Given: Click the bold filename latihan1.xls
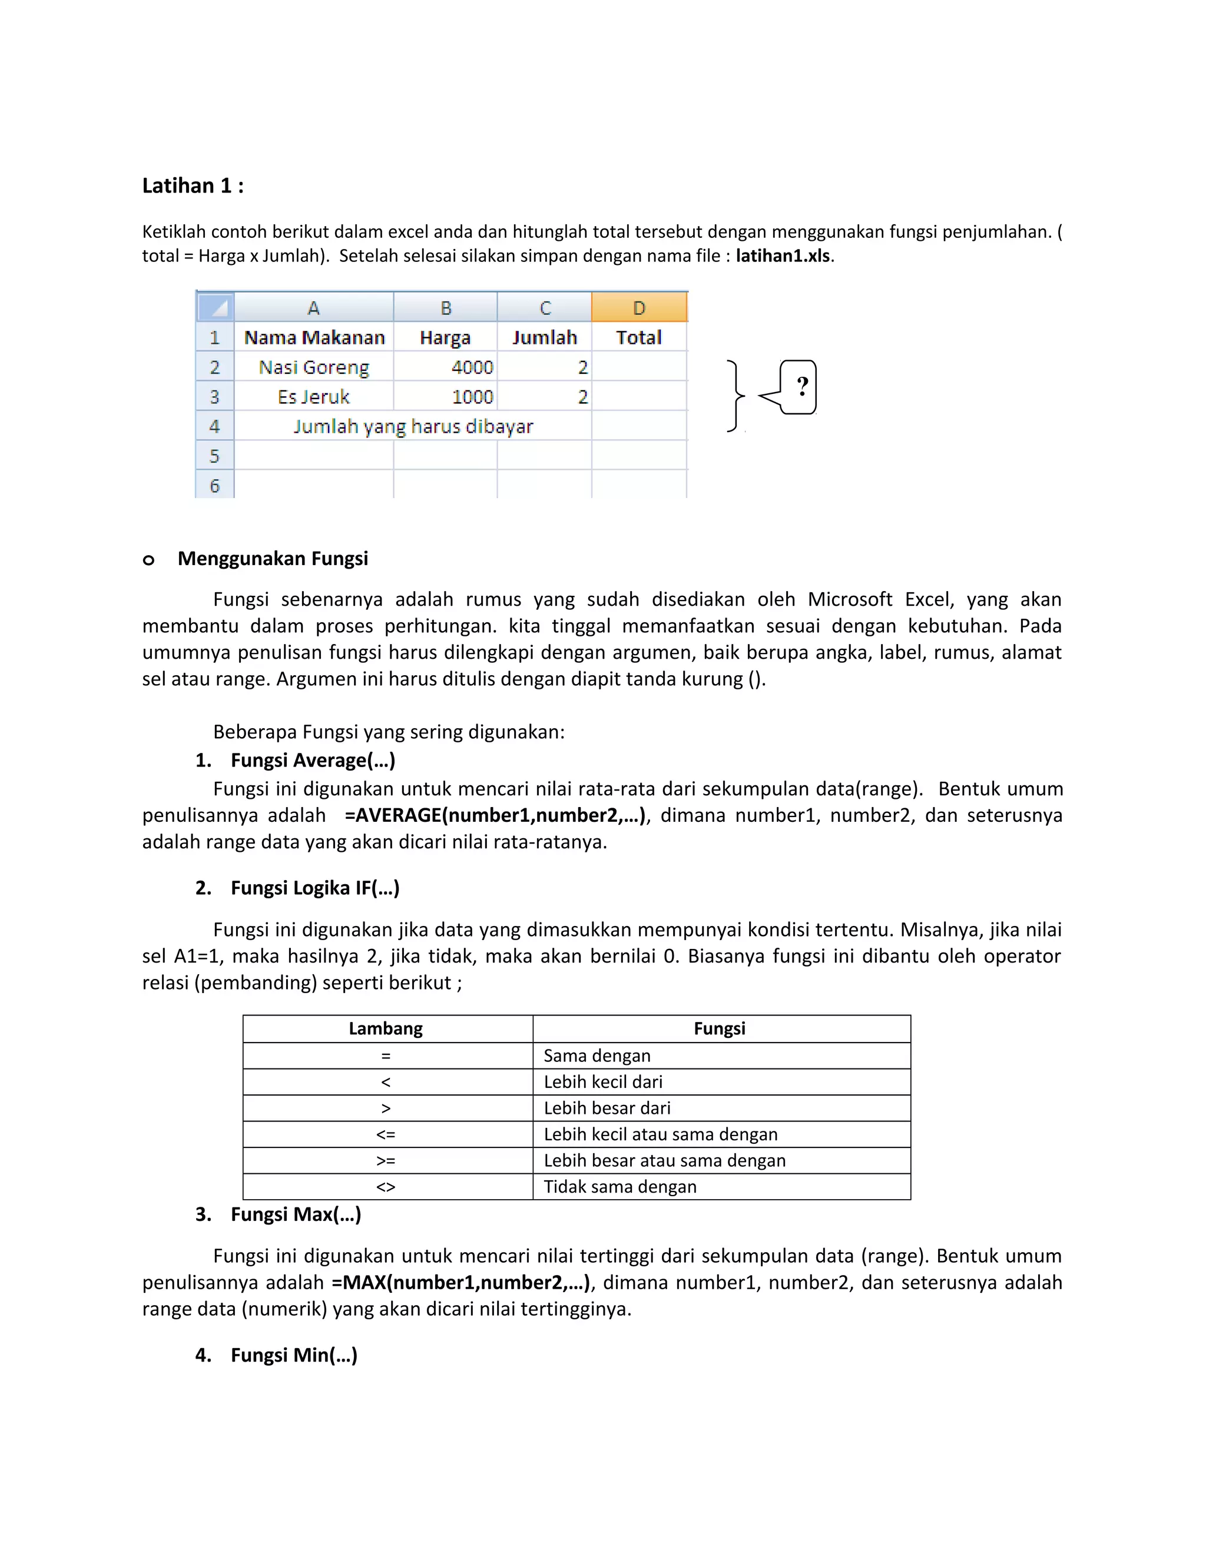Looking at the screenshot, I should point(783,255).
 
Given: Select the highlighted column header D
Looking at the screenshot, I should point(639,308).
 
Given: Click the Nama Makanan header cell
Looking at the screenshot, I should point(314,337).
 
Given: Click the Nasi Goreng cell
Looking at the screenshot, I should point(314,367).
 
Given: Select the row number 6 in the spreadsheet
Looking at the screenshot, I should point(214,486).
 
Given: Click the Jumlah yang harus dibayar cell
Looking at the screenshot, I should point(413,426).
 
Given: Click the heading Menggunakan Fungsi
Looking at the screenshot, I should point(272,559).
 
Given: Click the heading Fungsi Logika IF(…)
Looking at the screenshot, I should point(314,888).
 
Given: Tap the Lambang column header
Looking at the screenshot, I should point(386,1028).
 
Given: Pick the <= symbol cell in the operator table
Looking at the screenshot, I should point(386,1134).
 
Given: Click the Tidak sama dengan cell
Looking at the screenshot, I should point(619,1186).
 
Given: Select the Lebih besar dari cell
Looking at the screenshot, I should point(607,1108).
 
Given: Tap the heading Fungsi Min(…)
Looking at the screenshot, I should point(294,1355).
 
